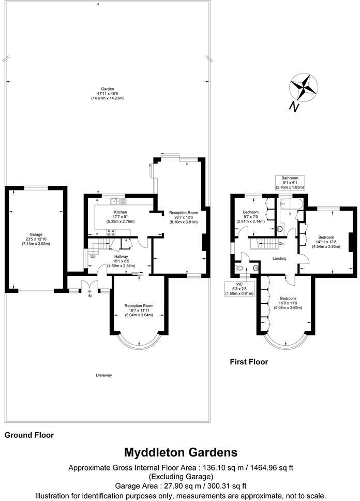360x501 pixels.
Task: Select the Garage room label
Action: click(x=36, y=234)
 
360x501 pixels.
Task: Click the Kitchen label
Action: click(x=120, y=212)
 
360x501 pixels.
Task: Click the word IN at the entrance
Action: click(x=89, y=296)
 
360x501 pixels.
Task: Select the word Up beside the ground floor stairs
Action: click(x=93, y=256)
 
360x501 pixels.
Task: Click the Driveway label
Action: click(x=104, y=375)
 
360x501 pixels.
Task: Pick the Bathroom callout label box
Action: click(x=290, y=183)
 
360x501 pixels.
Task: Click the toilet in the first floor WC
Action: click(x=239, y=269)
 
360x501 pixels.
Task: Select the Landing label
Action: click(x=280, y=258)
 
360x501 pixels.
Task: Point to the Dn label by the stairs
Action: click(x=281, y=244)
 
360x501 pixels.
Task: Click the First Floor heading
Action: click(x=249, y=362)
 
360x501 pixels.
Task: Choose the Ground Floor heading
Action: click(x=29, y=435)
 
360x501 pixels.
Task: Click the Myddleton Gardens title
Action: click(x=180, y=452)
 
